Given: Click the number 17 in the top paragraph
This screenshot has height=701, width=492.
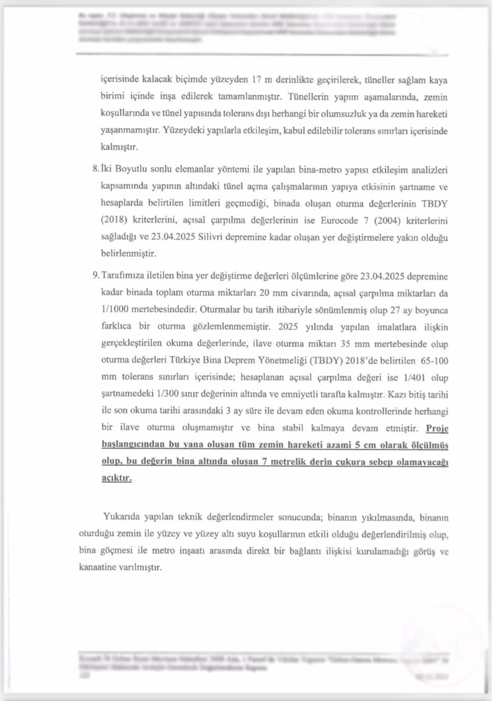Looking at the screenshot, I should [x=257, y=80].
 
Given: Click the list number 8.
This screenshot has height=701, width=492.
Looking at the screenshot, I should [x=95, y=169].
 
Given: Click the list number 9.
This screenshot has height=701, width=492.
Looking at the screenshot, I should [x=95, y=276].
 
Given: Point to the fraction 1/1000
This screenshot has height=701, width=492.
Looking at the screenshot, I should [x=115, y=309].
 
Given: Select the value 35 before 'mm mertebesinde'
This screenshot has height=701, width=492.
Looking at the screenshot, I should [x=345, y=344].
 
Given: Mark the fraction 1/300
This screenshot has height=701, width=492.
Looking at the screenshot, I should [x=168, y=394].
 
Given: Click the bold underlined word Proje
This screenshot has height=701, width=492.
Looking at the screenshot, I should [x=437, y=428].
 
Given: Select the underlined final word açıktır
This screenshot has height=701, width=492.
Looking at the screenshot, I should [x=116, y=478].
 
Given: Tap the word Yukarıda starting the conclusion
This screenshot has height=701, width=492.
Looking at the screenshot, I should [x=121, y=517].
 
